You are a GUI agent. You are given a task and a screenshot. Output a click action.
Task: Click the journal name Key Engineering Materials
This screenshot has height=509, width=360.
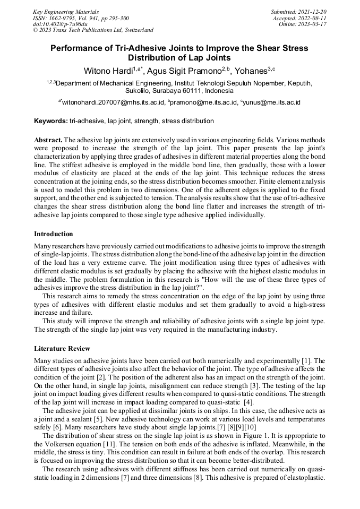(x=66, y=11)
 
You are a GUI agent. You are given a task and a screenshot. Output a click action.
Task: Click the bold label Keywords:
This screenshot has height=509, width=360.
(x=50, y=121)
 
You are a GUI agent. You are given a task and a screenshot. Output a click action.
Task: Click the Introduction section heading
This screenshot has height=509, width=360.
(x=54, y=234)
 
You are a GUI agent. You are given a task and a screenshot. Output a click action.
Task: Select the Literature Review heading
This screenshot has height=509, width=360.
(x=62, y=349)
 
